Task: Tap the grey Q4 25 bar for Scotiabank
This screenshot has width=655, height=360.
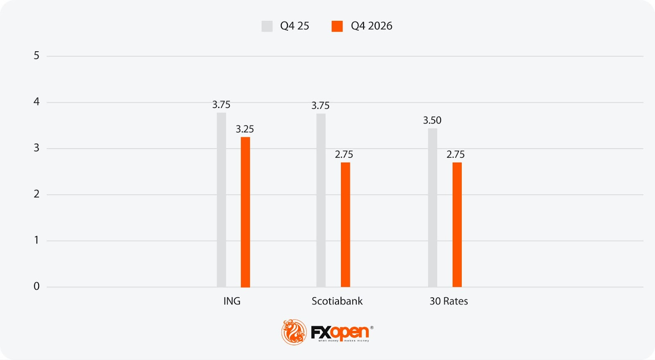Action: tap(321, 200)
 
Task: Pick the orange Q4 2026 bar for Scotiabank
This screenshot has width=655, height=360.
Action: tap(346, 225)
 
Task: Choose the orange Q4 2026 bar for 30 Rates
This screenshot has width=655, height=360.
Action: tap(457, 225)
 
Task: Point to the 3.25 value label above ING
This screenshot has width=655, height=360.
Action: tap(245, 129)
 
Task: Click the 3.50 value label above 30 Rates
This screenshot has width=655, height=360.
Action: tap(432, 120)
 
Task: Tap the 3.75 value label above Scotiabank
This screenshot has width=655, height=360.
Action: tap(321, 106)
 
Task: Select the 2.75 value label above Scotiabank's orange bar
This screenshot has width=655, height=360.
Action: tap(344, 154)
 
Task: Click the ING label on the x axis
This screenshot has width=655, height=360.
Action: tap(232, 301)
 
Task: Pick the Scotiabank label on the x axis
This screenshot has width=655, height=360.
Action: tap(337, 301)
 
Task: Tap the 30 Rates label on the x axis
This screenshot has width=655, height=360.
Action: tap(449, 301)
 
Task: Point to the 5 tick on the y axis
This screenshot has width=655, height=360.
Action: tap(36, 56)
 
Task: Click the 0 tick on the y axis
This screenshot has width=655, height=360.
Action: tap(36, 286)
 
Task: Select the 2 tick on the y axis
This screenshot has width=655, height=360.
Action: tap(36, 194)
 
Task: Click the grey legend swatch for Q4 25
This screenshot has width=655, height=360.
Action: tap(267, 26)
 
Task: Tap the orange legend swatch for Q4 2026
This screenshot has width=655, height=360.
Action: tap(337, 26)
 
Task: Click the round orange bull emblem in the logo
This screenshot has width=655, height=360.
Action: tap(294, 332)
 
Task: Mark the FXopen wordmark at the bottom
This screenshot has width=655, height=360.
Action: tap(340, 333)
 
